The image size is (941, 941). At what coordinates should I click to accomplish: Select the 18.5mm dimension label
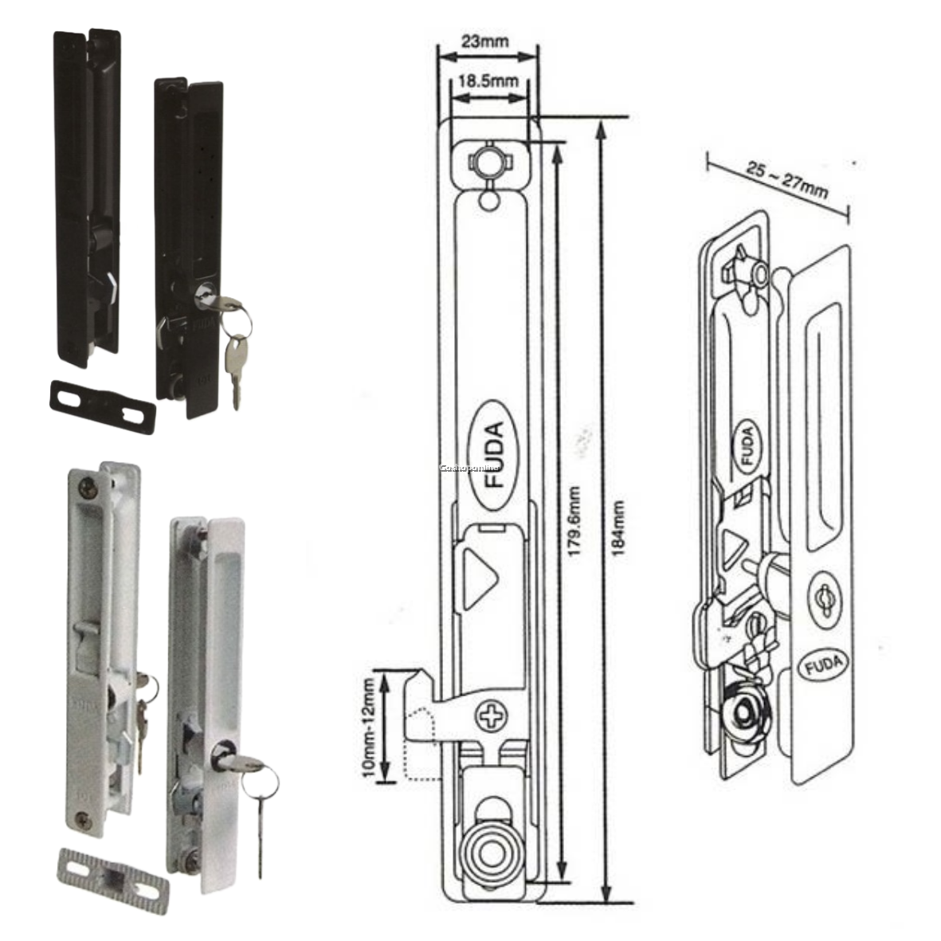click(x=488, y=80)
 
